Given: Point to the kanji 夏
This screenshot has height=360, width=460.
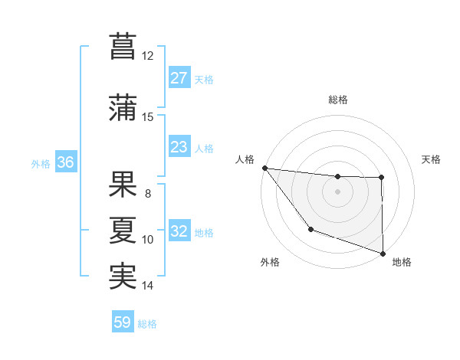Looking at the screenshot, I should (x=123, y=228).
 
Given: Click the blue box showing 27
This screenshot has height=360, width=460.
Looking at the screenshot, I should (x=179, y=78).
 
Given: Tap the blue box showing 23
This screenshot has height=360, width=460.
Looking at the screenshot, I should (x=179, y=147).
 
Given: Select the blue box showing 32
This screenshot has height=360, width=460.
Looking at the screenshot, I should (x=179, y=232).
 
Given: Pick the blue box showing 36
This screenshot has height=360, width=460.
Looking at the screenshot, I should (x=65, y=163).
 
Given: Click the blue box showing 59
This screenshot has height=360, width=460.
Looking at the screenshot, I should (x=123, y=322).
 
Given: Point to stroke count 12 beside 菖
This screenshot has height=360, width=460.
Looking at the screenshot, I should (x=148, y=56).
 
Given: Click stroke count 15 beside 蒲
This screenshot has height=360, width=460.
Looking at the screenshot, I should (x=148, y=117).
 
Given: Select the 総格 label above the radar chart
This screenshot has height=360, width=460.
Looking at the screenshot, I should (x=337, y=100).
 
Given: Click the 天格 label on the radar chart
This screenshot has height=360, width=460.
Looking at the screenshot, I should (x=432, y=159).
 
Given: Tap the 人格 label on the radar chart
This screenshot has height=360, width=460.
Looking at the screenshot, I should (x=245, y=159).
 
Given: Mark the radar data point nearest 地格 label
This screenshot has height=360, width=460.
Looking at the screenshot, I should (x=382, y=252).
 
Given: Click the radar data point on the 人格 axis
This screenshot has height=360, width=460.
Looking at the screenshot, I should (x=264, y=168).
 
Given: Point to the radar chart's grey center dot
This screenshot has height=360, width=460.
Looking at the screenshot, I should (x=337, y=191).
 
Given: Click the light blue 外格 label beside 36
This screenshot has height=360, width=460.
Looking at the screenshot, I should (x=41, y=164).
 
